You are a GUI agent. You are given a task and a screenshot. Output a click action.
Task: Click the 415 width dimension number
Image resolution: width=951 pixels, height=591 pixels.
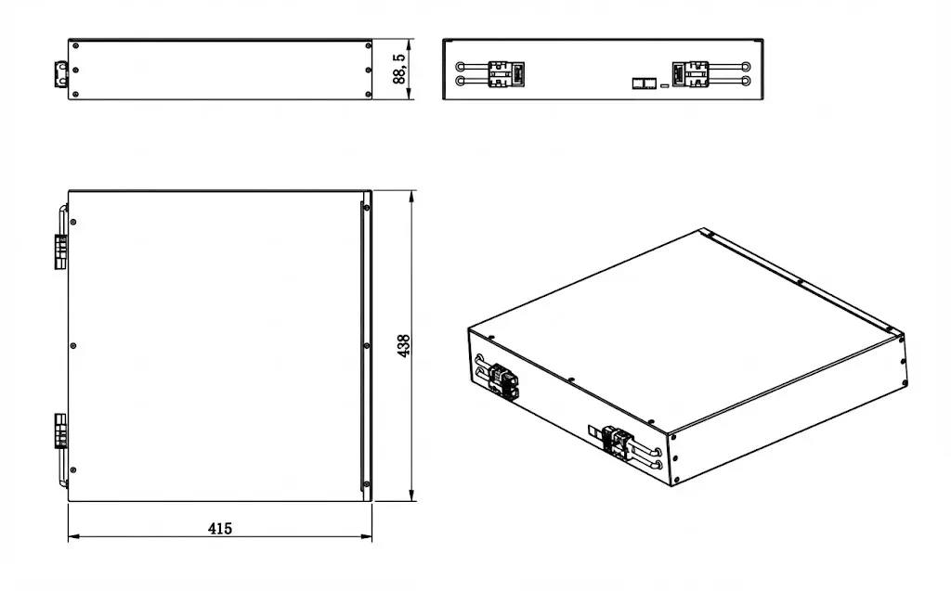pyautogui.click(x=219, y=529)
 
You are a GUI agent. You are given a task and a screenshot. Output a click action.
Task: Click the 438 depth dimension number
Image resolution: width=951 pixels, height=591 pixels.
pyautogui.click(x=403, y=346)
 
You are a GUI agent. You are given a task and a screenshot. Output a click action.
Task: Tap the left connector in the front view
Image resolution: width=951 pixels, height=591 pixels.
pyautogui.click(x=507, y=73)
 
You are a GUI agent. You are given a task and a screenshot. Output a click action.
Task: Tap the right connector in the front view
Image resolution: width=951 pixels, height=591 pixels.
pyautogui.click(x=689, y=73)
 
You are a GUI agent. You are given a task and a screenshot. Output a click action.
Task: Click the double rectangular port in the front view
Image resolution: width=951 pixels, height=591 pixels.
pyautogui.click(x=643, y=84)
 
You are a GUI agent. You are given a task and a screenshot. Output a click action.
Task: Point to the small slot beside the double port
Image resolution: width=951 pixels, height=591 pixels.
pyautogui.click(x=664, y=84)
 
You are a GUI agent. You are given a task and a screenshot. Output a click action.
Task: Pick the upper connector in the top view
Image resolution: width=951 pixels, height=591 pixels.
pyautogui.click(x=60, y=251)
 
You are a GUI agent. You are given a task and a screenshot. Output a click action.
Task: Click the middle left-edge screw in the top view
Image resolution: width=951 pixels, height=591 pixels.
pyautogui.click(x=74, y=346)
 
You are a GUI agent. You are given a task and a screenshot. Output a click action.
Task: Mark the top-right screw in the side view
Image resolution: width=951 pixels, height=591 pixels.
pyautogui.click(x=369, y=45)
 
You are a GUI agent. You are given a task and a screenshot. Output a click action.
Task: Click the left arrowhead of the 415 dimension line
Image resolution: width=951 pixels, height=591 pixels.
pyautogui.click(x=72, y=536)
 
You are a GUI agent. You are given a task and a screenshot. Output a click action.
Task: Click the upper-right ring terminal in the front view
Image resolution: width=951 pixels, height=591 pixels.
pyautogui.click(x=746, y=66)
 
